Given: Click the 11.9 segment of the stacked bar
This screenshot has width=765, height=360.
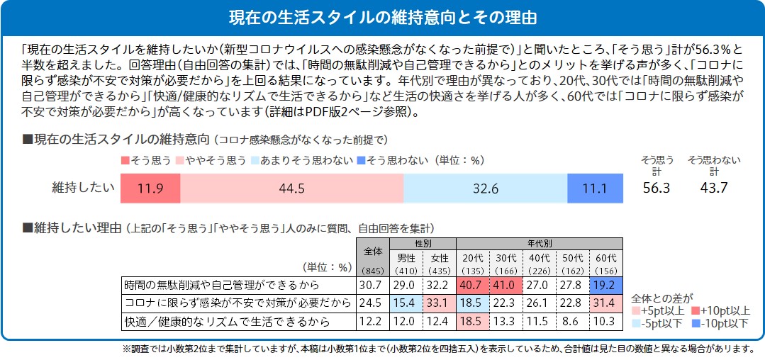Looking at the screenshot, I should coord(149,188).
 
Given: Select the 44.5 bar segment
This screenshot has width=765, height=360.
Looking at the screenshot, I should coord(291,188).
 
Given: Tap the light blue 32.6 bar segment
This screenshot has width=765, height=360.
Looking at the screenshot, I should coord(485,188).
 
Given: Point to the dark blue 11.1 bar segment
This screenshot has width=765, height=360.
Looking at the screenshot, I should coord(595,188).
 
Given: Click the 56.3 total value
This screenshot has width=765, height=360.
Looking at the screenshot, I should coord(657,188).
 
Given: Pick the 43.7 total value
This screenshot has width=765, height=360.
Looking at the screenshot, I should coord(713,188).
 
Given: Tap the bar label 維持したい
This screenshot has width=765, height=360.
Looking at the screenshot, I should coord(83,188).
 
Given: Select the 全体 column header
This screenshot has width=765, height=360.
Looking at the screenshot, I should coord(372,251).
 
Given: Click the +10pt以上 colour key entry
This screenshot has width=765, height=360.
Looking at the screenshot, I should coord(720,310).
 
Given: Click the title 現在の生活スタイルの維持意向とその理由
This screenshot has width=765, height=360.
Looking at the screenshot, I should coord(382,17).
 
